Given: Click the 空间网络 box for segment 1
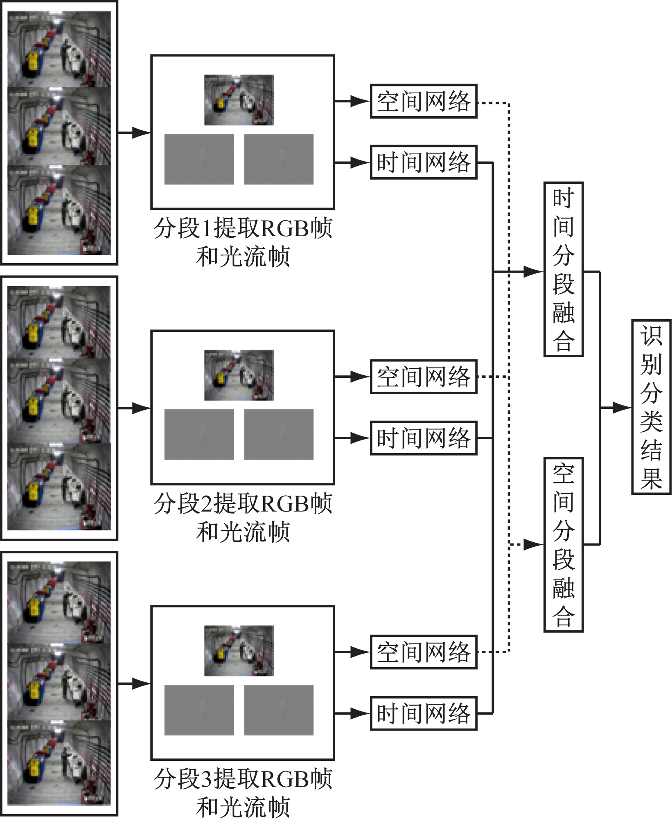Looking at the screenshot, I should click(424, 102).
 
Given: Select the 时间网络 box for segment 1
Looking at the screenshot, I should click(424, 162).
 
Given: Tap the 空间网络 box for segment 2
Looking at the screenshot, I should click(424, 377).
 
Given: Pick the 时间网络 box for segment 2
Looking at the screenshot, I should click(424, 438).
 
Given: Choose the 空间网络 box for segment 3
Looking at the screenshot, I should click(424, 652).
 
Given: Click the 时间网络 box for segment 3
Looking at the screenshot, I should click(424, 713).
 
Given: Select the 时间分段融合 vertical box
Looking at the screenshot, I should click(563, 270).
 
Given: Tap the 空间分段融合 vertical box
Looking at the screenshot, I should click(563, 545).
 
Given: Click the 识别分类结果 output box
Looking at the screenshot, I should click(651, 407).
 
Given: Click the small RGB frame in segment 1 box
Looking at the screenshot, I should click(239, 100).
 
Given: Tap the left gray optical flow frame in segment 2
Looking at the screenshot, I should click(199, 435).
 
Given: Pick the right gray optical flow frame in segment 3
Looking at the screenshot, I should click(279, 710).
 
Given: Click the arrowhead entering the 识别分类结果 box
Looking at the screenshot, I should click(622, 408).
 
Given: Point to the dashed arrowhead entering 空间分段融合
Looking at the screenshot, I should click(534, 545).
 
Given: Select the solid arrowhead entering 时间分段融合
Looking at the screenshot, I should click(534, 271).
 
